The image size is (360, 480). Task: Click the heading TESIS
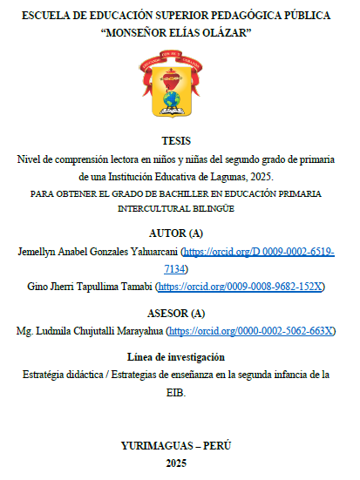pyautogui.click(x=180, y=141)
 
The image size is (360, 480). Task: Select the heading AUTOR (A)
pyautogui.click(x=180, y=233)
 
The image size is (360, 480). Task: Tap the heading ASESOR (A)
pyautogui.click(x=180, y=313)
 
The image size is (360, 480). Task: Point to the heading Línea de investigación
pyautogui.click(x=180, y=357)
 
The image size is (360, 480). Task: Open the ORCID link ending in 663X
pyautogui.click(x=251, y=331)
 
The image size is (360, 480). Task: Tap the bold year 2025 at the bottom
pyautogui.click(x=180, y=463)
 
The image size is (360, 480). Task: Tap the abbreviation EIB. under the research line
pyautogui.click(x=179, y=393)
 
